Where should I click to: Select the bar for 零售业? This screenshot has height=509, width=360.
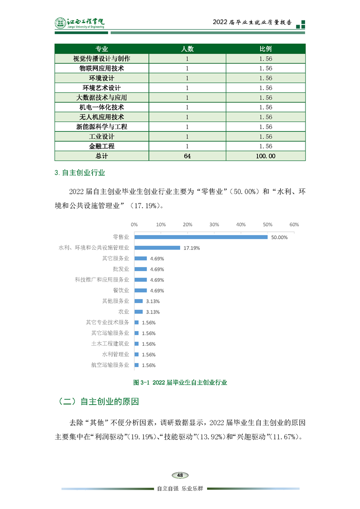[x=201, y=237]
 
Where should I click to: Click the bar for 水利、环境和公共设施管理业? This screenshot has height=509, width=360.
[x=157, y=248]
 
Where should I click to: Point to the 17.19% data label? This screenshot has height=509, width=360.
[x=192, y=248]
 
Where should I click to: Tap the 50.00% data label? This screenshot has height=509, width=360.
[x=279, y=237]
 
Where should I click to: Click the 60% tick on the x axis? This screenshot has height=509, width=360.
[x=294, y=225]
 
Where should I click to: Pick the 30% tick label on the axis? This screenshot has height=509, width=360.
[x=214, y=225]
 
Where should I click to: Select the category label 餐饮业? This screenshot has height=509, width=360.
[x=121, y=290]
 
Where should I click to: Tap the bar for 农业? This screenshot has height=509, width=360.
[x=138, y=312]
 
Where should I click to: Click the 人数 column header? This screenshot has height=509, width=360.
[x=187, y=49]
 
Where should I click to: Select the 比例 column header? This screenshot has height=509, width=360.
[x=266, y=49]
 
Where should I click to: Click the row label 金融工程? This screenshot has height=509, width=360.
[x=102, y=146]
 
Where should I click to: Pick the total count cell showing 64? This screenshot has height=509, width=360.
[x=187, y=156]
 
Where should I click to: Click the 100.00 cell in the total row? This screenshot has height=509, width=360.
[x=266, y=156]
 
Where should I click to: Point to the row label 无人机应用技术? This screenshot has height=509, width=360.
[x=102, y=117]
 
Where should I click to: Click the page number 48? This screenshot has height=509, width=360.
[x=180, y=475]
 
